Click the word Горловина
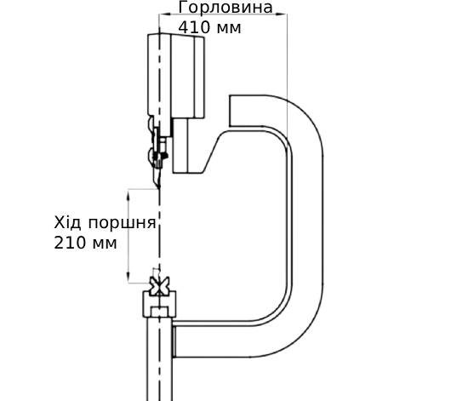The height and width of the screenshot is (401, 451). coord(225,7)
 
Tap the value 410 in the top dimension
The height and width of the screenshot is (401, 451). coord(194,27)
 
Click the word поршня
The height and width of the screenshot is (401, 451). coord(122,224)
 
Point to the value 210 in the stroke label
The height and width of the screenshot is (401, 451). coord(70,243)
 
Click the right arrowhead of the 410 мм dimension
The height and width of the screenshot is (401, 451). coord(281,14)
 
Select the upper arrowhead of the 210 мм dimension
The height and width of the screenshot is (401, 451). coord(128,194)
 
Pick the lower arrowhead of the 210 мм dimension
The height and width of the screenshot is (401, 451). coord(128,278)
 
